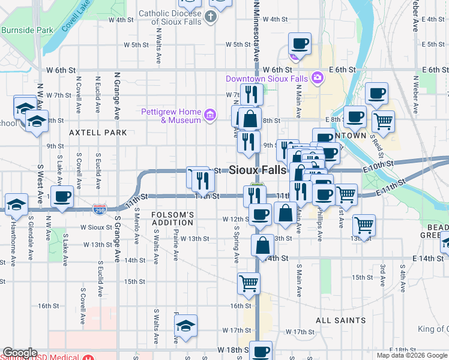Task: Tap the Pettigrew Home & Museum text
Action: pos(170,116)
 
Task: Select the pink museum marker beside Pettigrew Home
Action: pos(209,115)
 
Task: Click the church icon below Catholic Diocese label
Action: pos(210,17)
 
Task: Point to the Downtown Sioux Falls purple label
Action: pos(267,79)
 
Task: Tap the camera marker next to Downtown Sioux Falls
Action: pos(317,77)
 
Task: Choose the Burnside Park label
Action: pos(27,29)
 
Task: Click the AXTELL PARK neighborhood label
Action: pos(98,132)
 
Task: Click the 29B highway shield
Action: pos(100,209)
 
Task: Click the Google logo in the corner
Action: pos(20,353)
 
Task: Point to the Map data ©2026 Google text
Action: pos(412,355)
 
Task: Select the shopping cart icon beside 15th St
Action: pos(249,282)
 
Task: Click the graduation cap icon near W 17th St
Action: pos(186,326)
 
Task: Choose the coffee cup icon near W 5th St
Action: pos(299,43)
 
